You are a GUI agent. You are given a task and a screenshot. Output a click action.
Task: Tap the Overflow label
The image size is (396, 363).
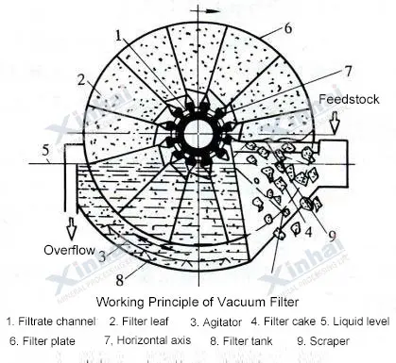[x=71, y=248]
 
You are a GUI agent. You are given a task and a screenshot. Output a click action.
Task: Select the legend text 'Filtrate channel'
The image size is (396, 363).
[x=60, y=322]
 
